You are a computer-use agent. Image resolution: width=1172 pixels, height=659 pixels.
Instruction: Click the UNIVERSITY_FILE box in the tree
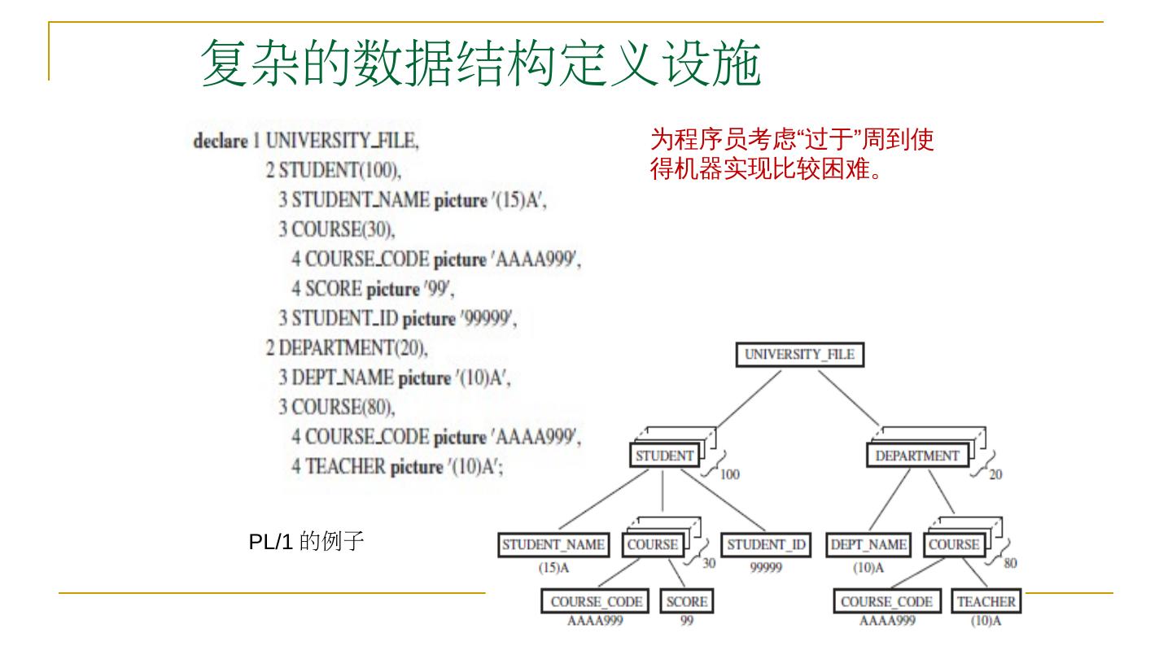799,355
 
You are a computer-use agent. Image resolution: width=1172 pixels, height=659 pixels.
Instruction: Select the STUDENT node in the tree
664,456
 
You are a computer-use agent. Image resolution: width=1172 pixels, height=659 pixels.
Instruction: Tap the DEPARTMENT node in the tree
916,456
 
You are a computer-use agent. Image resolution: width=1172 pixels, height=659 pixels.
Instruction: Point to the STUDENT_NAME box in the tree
553,545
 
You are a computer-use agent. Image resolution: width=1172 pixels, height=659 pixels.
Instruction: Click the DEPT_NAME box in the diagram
868,545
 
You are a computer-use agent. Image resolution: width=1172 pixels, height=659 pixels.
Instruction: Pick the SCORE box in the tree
687,602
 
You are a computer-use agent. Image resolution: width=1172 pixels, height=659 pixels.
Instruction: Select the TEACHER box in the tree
986,602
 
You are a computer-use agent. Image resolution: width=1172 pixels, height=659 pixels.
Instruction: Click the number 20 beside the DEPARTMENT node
995,475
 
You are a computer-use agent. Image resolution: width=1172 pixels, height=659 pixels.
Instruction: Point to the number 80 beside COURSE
1010,563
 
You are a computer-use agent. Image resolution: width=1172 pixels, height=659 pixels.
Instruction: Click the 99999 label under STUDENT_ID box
765,568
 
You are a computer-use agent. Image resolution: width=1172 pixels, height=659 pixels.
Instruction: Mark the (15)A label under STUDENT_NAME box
553,568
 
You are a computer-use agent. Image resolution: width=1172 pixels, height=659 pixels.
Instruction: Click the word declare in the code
220,141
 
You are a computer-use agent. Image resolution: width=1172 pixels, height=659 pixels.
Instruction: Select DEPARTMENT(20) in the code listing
346,348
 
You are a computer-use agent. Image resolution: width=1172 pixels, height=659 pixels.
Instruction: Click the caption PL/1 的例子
306,541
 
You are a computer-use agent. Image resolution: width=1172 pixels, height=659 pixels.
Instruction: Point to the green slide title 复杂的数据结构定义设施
480,63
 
